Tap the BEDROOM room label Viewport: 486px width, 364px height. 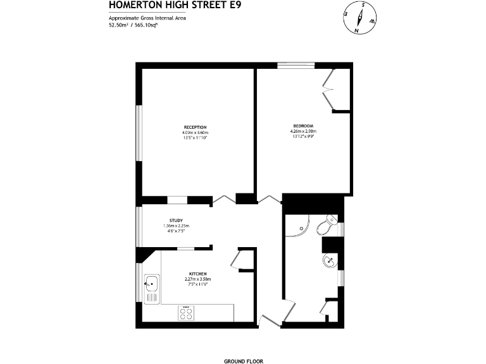tap(302, 126)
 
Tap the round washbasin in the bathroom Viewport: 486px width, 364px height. tap(329, 260)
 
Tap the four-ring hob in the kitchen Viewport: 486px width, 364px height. tap(186, 313)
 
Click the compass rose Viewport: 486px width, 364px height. tap(359, 18)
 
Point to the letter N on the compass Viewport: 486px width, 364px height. tap(357, 30)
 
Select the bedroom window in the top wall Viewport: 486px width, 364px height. tap(296, 64)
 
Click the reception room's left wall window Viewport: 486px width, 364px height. tap(138, 132)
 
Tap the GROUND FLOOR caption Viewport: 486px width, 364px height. tap(243, 361)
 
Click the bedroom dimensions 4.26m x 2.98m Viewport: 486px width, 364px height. tap(302, 131)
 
